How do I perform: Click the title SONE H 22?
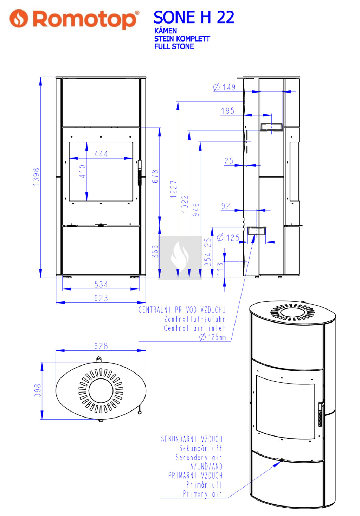coord(194,17)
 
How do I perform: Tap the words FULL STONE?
coord(174,46)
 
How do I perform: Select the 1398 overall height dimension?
coord(36,177)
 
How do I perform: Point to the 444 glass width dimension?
coord(101,154)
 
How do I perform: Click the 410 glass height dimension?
coord(82,171)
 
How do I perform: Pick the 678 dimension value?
coord(155,177)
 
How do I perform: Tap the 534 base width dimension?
coord(101,285)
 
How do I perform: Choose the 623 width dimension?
coord(101,298)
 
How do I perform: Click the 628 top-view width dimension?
coord(101,346)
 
